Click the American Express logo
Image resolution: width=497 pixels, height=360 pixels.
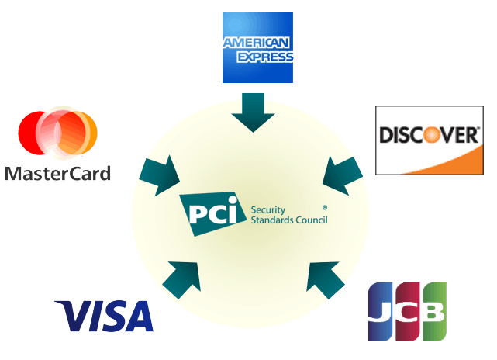(x=257, y=47)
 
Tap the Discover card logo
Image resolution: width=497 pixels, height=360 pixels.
(x=429, y=140)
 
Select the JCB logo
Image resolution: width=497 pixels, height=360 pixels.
(x=407, y=312)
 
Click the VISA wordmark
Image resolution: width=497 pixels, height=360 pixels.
(x=104, y=317)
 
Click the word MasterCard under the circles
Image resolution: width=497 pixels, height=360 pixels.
(x=57, y=172)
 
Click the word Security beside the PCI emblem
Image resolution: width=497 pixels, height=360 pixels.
(x=267, y=209)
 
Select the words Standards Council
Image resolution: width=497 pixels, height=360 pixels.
(x=289, y=220)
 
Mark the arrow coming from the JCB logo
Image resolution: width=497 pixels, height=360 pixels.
(x=326, y=279)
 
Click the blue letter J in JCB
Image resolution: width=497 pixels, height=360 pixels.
(x=381, y=312)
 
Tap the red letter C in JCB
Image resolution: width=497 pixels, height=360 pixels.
(x=407, y=312)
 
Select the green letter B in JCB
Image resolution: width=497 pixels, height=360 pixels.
(x=433, y=312)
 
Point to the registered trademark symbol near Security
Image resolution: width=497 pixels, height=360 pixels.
(x=324, y=208)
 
